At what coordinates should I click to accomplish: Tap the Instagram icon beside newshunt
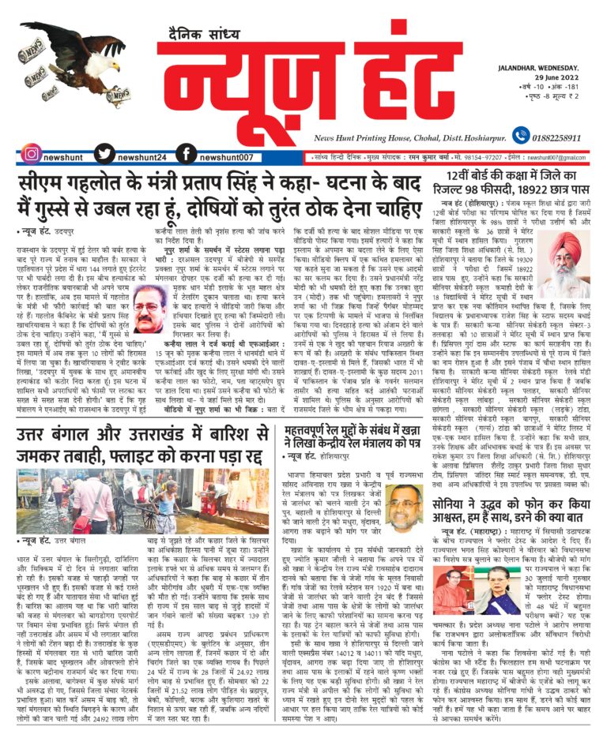click(32, 154)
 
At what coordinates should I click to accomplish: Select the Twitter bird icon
click(104, 154)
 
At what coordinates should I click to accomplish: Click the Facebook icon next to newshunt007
click(186, 154)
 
